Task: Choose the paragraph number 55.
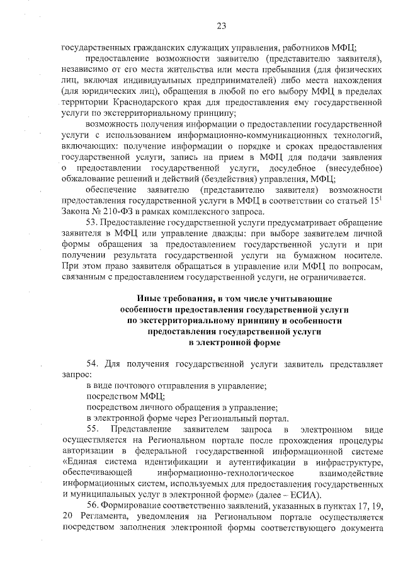[93, 429]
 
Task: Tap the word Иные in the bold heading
[149, 298]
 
